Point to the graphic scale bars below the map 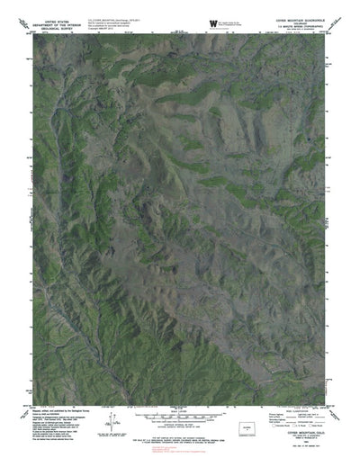point(179,410)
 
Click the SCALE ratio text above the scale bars point(179,403)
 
